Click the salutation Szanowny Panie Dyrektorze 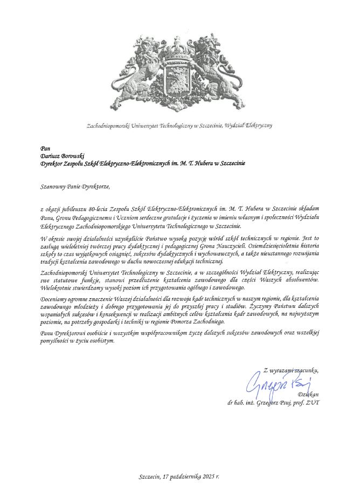[x=75, y=187]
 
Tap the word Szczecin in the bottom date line [x=149, y=477]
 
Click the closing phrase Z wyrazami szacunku [x=291, y=370]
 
